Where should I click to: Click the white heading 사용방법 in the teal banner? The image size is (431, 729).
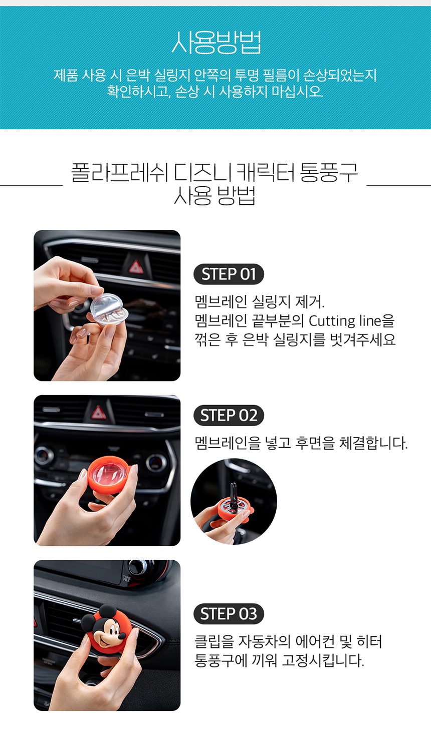[216, 42]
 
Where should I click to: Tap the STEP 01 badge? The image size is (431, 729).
[229, 274]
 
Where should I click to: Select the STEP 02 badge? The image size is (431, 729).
[229, 415]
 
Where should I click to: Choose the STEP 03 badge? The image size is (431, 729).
[229, 614]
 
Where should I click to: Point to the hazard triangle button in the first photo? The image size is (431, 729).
[136, 267]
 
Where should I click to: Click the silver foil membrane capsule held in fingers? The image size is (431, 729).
[109, 309]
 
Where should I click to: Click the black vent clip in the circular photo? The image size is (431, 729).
[233, 497]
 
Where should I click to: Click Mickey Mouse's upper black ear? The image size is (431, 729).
[108, 613]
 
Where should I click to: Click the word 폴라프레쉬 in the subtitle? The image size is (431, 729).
[119, 172]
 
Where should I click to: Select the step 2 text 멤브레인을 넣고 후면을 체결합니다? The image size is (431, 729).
[301, 443]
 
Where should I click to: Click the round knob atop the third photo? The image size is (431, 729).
[138, 567]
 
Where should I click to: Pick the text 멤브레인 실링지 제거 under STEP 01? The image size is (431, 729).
[259, 302]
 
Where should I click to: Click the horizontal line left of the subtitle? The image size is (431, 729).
[31, 185]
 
